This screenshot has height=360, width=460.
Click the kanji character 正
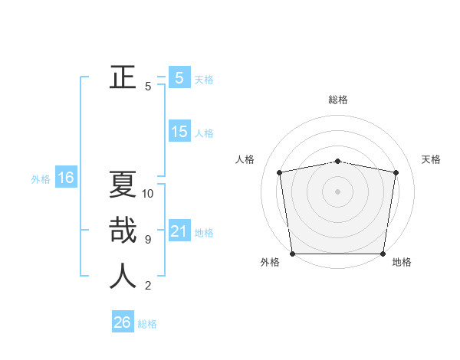[x=123, y=77]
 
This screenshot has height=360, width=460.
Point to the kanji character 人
[x=123, y=276]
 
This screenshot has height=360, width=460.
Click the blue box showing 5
[x=179, y=77]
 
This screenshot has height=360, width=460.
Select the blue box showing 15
[x=179, y=132]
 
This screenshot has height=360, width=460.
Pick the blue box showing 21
[x=179, y=231]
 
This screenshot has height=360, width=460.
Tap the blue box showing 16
[x=65, y=178]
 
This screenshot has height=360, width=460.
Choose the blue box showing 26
[x=122, y=322]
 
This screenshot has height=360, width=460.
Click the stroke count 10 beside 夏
[x=148, y=194]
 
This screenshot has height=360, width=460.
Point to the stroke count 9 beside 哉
[x=148, y=240]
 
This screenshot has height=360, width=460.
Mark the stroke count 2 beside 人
[x=148, y=286]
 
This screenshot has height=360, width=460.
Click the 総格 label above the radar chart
[x=338, y=100]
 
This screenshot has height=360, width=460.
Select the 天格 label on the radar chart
[x=431, y=159]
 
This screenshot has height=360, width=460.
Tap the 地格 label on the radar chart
[x=402, y=262]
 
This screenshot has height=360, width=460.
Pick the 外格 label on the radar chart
[x=270, y=262]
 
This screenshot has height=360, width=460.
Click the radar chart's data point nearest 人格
[x=280, y=172]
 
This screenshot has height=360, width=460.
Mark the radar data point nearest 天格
[x=396, y=172]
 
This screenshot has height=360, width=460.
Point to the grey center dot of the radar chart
[x=338, y=191]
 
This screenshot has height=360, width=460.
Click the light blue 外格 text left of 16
[x=41, y=179]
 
